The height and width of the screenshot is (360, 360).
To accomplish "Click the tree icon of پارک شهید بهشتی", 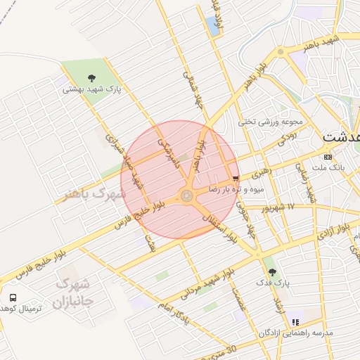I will pyautogui.click(x=91, y=77).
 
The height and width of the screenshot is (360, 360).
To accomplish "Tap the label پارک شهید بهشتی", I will pyautogui.click(x=91, y=89).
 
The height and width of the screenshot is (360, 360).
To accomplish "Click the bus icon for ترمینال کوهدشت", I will pyautogui.click(x=13, y=297).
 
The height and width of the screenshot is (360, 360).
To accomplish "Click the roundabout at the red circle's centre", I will pyautogui.click(x=186, y=196).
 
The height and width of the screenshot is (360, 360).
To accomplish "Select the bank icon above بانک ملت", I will pyautogui.click(x=328, y=156).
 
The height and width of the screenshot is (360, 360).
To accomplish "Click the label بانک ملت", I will pyautogui.click(x=328, y=167).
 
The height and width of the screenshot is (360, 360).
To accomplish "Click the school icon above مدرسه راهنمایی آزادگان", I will pyautogui.click(x=295, y=321).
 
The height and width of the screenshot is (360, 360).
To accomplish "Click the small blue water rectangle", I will pyautogui.click(x=212, y=26).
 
